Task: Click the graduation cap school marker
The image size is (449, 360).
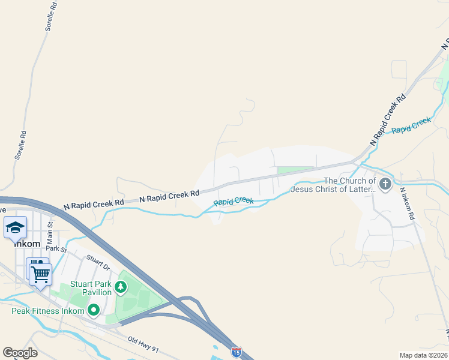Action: click(x=16, y=227)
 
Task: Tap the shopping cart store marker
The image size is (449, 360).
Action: click(x=40, y=274)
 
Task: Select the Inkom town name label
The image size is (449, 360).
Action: click(x=26, y=244)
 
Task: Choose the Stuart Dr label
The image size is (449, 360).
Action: click(x=98, y=262)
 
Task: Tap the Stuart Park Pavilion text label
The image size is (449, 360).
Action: click(x=91, y=288)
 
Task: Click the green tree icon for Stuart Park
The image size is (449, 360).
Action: click(x=121, y=287)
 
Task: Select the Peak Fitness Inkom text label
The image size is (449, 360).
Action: click(x=44, y=311)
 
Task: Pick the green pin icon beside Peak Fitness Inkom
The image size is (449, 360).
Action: click(x=94, y=310)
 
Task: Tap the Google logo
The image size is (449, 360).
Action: click(x=20, y=353)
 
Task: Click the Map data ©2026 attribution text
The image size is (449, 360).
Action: click(x=423, y=355)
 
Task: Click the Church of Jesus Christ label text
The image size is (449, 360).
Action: click(x=333, y=185)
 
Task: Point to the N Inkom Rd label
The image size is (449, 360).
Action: click(x=406, y=204)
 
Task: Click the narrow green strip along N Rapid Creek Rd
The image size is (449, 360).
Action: click(x=295, y=170)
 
